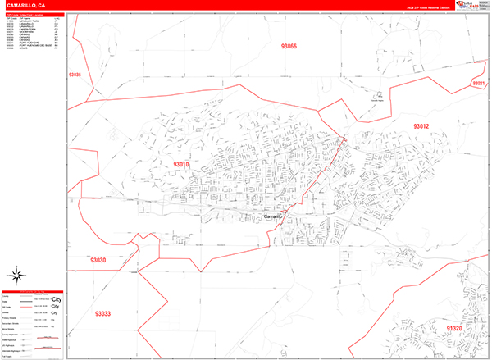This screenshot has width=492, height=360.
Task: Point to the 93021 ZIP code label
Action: point(479,84)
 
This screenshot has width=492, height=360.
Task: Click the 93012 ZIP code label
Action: point(421,125)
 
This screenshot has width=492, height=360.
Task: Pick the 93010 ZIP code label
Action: point(180,164)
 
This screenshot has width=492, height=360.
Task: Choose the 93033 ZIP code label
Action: point(102,313)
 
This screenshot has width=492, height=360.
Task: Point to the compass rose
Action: point(15,276)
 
